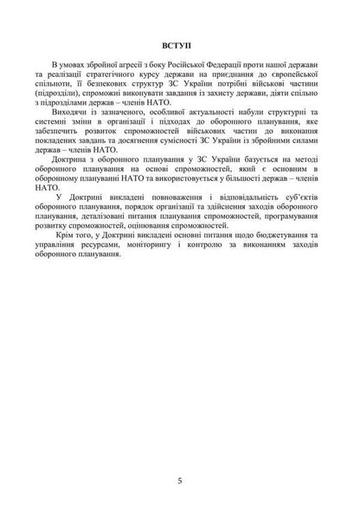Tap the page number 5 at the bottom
pyautogui.click(x=178, y=479)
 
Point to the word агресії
pyautogui.click(x=124, y=66)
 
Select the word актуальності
pyautogui.click(x=192, y=113)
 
